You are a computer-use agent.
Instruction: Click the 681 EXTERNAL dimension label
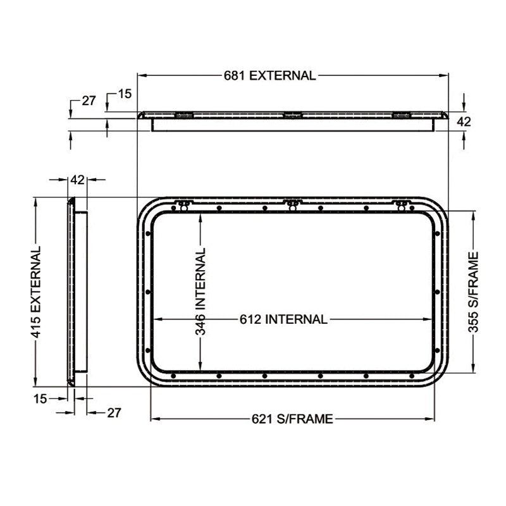(269, 75)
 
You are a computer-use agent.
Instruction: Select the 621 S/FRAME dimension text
(292, 419)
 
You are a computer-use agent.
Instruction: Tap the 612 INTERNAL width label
(283, 319)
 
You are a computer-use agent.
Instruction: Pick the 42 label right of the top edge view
(464, 121)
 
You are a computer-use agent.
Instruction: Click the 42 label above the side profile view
(77, 180)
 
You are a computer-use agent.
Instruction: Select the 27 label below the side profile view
(113, 412)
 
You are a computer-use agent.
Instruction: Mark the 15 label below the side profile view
(40, 398)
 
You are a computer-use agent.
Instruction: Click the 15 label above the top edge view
(125, 94)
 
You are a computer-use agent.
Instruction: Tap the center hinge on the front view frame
(292, 204)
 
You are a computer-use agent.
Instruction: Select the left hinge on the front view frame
(183, 204)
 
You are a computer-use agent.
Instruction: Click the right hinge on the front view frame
(400, 204)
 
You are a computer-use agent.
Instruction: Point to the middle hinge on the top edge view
(292, 115)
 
